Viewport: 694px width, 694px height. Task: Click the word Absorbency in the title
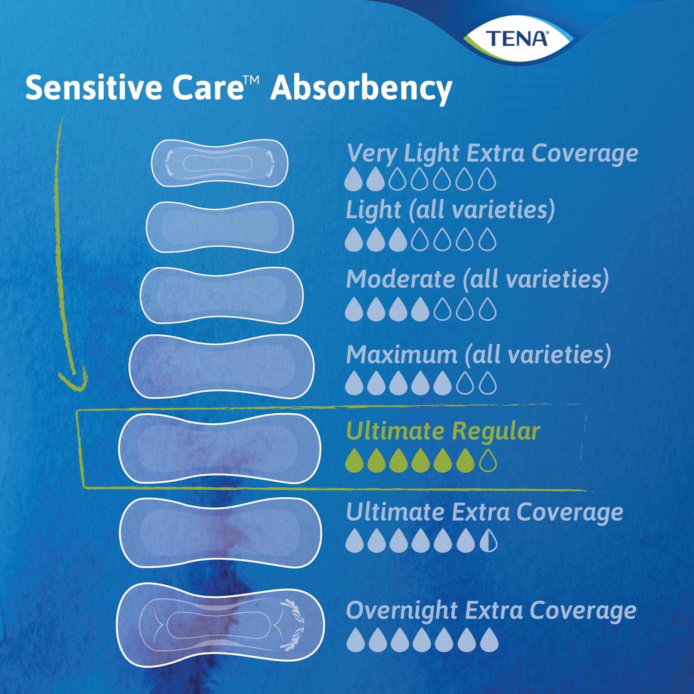[x=361, y=88]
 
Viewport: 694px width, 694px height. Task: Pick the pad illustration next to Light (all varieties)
[x=219, y=227]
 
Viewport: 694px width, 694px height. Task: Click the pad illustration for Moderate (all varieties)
[x=221, y=295]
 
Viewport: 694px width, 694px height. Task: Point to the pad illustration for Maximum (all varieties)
[x=221, y=366]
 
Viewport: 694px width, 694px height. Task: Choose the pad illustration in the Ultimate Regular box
[x=219, y=449]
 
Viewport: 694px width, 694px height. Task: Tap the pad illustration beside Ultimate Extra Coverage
[x=220, y=532]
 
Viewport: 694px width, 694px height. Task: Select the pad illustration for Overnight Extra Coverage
[x=220, y=624]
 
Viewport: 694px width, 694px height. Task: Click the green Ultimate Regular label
[x=443, y=431]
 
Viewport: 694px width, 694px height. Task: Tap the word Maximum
[x=402, y=354]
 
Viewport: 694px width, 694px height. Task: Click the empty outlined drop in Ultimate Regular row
[x=488, y=460]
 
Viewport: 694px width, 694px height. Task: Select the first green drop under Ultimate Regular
[x=354, y=460]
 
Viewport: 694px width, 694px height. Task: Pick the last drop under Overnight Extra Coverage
[x=489, y=640]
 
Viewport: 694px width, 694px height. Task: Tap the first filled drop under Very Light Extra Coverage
[x=353, y=179]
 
